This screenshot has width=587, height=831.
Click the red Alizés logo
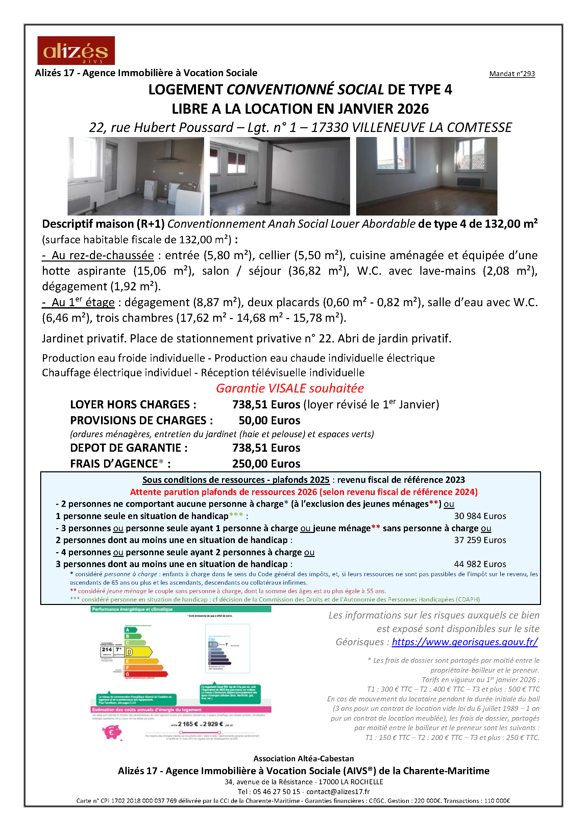tap(76, 50)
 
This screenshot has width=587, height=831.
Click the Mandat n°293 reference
tap(512, 74)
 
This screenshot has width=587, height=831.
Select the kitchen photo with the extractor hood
tap(136, 176)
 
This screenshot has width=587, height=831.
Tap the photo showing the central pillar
tap(280, 176)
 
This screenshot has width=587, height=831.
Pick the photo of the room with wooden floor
tap(426, 176)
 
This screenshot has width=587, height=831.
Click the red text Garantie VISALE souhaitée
tap(290, 388)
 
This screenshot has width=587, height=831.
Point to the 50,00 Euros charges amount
tap(269, 421)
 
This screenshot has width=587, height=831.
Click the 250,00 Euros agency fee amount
tap(266, 464)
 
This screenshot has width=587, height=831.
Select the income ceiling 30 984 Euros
tap(480, 516)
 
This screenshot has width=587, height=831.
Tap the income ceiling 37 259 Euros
tap(480, 540)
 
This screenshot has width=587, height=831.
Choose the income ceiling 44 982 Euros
tap(480, 564)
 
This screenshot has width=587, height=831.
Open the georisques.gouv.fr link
tap(464, 642)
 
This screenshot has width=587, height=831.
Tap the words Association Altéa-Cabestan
tap(303, 759)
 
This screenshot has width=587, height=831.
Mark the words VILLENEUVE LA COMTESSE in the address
tap(432, 128)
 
